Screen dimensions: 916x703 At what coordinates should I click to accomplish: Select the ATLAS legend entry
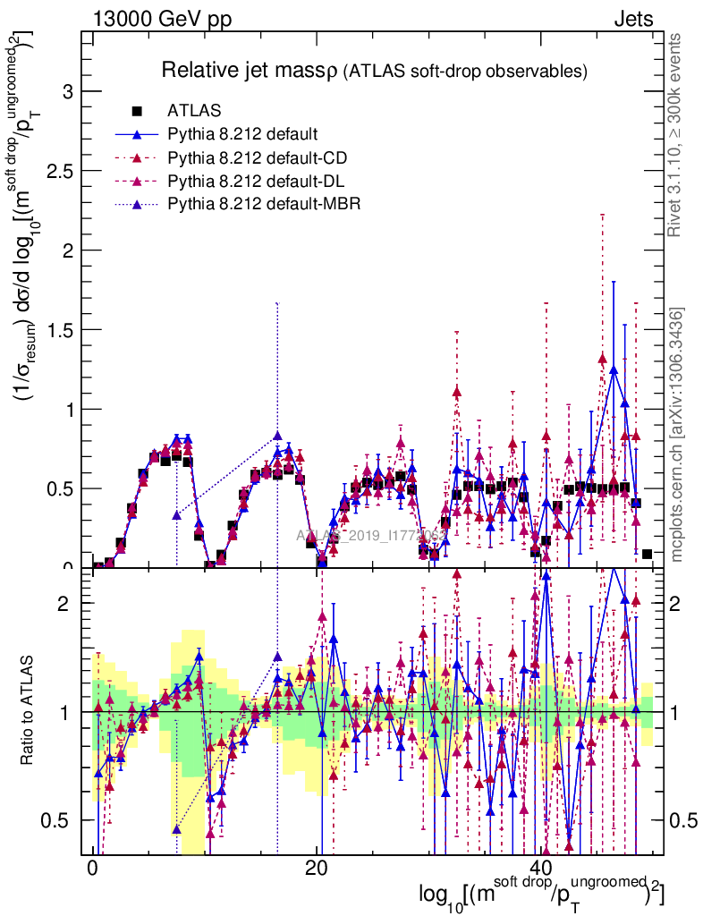(x=194, y=111)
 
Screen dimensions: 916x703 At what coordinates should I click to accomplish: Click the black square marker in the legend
(x=138, y=111)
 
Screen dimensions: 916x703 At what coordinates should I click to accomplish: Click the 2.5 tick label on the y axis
(x=61, y=171)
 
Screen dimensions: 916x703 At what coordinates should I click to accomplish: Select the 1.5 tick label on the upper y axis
(x=61, y=329)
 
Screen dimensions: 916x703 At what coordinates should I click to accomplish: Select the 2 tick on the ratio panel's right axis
(x=677, y=603)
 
